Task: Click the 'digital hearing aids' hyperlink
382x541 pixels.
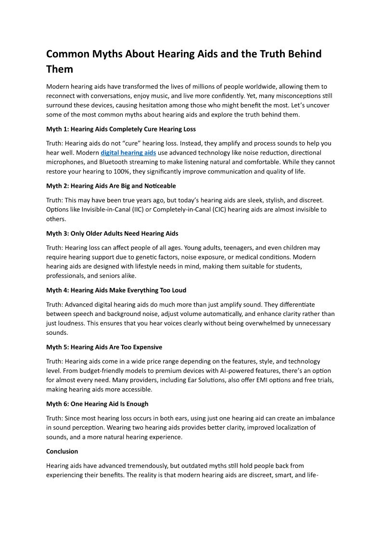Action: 128,153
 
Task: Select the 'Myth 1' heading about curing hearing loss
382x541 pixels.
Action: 121,129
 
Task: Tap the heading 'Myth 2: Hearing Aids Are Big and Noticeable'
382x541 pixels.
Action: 111,186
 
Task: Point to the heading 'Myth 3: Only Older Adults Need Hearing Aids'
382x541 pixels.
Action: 112,234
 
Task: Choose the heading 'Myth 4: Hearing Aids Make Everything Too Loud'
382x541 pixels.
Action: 116,290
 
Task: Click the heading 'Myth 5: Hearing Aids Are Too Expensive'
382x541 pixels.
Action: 104,347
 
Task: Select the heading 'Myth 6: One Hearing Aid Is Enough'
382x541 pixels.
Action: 97,404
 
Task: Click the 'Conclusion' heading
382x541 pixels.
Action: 62,451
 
